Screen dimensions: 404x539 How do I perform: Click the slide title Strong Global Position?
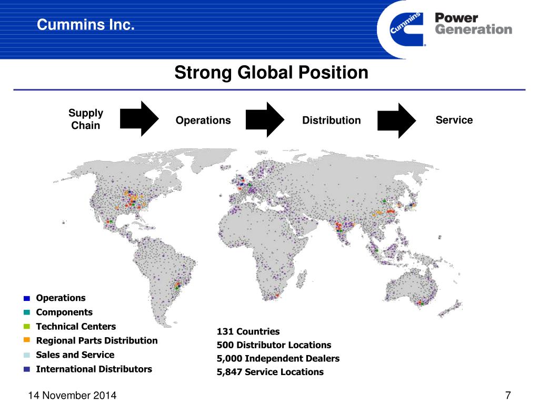click(x=271, y=72)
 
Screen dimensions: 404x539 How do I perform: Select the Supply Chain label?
click(x=86, y=119)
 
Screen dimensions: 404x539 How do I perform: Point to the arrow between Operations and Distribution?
click(x=265, y=119)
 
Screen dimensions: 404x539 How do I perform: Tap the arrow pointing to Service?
click(x=396, y=120)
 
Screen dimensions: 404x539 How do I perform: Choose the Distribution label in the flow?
click(x=332, y=120)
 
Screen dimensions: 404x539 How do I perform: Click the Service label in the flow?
click(x=454, y=120)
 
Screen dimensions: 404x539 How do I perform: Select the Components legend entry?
click(x=64, y=312)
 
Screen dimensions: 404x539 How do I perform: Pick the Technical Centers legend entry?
click(x=76, y=326)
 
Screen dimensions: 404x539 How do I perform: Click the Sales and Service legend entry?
click(x=75, y=355)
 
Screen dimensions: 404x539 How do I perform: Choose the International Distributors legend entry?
click(x=94, y=369)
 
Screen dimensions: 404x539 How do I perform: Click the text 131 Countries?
click(x=248, y=331)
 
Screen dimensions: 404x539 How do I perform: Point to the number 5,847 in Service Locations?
click(x=229, y=372)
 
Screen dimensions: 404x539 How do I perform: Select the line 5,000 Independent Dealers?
click(x=278, y=358)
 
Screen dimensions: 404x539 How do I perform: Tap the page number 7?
click(x=508, y=395)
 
